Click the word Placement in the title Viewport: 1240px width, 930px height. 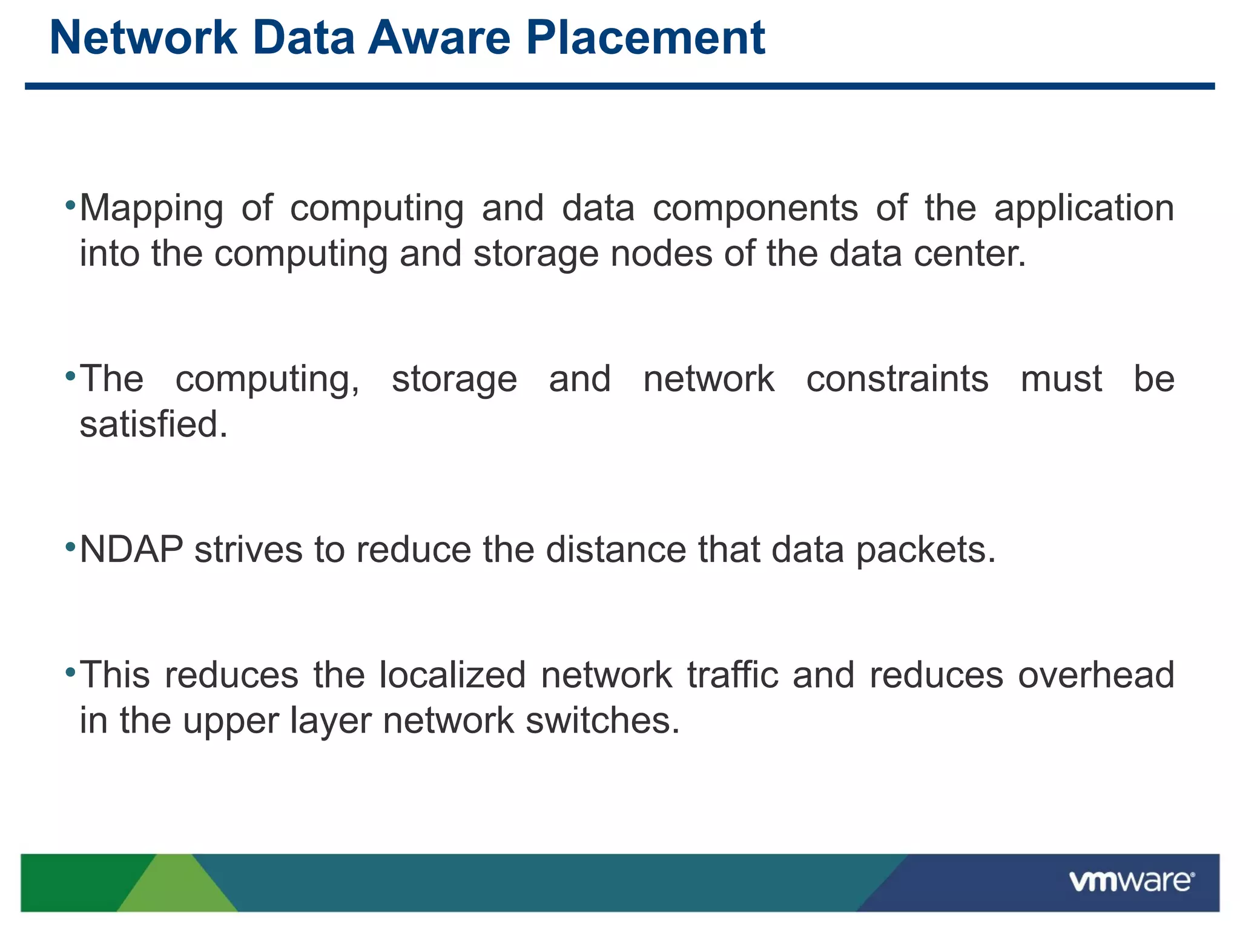[645, 38]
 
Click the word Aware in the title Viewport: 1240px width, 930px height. [440, 38]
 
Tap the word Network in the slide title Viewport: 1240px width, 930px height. [143, 38]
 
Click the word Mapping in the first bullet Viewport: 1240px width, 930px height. [151, 208]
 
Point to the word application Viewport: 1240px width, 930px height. [1084, 208]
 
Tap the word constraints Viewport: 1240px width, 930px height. [897, 380]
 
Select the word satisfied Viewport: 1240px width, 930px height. [153, 424]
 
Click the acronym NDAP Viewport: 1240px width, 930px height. [131, 550]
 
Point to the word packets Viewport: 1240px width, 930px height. [925, 550]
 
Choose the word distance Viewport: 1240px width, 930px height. [616, 550]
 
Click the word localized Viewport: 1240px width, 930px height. [452, 675]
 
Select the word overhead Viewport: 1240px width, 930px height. [1096, 675]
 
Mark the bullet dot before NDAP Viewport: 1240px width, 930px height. [70, 547]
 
